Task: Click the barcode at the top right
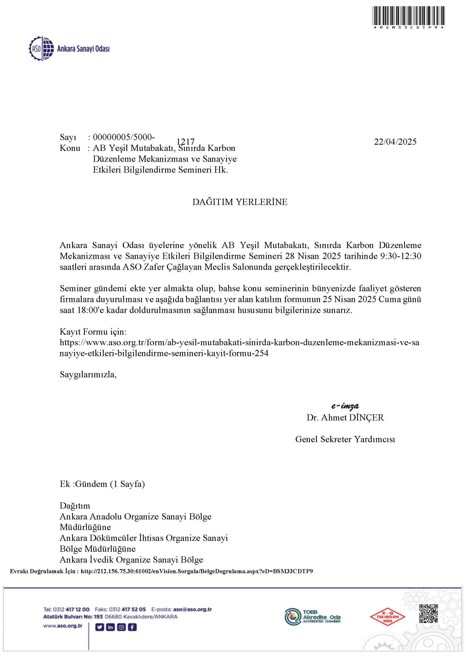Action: tap(408, 16)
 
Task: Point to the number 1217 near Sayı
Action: tap(185, 142)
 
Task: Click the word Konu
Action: tap(70, 148)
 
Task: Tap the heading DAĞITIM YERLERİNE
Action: tap(240, 202)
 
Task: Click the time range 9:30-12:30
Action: tap(401, 256)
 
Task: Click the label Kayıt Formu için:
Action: tap(93, 332)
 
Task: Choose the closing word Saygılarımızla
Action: tap(88, 374)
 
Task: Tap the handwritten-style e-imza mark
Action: tap(345, 406)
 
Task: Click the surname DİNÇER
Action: tap(366, 417)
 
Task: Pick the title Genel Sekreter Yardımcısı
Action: tap(345, 439)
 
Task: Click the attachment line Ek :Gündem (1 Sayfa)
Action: tap(102, 484)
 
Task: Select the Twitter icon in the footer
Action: tap(99, 627)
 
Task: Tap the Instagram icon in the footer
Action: tap(121, 627)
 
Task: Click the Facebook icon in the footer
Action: tap(132, 627)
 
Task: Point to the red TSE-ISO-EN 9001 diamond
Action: tap(387, 617)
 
